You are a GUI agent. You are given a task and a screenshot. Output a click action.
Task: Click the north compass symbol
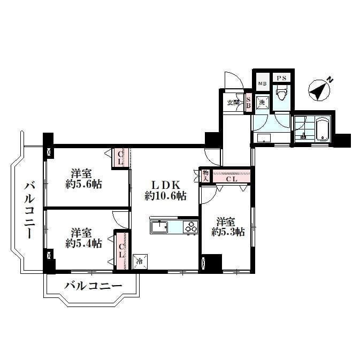pos(319,89)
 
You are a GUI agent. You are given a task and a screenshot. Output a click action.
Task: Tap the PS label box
pos(281,78)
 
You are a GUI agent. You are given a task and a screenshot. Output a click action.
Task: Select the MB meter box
pos(263,82)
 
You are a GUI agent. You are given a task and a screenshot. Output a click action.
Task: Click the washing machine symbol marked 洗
pos(262,102)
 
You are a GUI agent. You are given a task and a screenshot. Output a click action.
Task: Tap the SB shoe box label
pos(248,102)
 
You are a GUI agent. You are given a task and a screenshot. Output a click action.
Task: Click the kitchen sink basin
pos(159,227)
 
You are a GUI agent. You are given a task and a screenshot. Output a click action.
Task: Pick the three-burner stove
pos(190,227)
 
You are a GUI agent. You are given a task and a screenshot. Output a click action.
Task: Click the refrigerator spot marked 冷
pos(140,262)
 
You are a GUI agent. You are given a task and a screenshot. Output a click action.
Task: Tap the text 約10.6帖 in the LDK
pos(165,196)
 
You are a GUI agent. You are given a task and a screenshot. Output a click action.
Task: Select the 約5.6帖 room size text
pos(83,184)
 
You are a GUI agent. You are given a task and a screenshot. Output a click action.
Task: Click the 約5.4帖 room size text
pos(83,243)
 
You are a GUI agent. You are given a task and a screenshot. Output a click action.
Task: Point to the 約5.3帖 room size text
pos(228,232)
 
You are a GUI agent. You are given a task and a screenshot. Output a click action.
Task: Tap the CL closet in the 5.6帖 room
pos(120,158)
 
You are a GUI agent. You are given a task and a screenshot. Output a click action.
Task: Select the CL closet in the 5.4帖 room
pos(121,251)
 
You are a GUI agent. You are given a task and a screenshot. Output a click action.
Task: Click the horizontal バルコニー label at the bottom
pos(93,286)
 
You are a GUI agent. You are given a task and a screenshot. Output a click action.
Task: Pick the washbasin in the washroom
pos(264,138)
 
